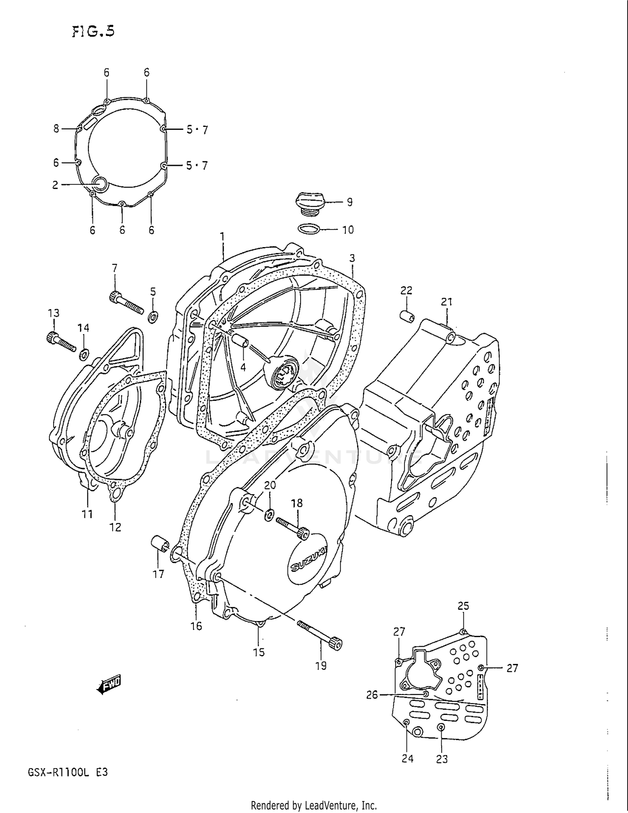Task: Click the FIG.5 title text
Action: [93, 31]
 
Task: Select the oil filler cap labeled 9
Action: [310, 203]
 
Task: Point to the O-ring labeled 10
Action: [309, 229]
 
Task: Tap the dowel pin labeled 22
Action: [407, 316]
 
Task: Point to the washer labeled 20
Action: [270, 514]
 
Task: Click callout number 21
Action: [446, 302]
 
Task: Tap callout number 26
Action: [372, 695]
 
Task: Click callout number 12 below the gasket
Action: [115, 527]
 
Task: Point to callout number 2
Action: [55, 185]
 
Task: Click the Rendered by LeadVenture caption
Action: [314, 805]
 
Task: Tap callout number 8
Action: [56, 129]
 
